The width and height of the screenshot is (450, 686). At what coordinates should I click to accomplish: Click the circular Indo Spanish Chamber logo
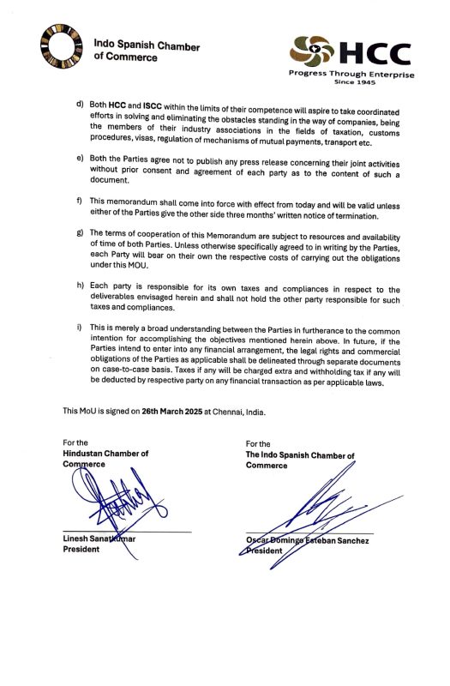pyautogui.click(x=60, y=48)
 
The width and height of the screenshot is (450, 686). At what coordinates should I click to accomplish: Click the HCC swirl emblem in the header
pyautogui.click(x=314, y=51)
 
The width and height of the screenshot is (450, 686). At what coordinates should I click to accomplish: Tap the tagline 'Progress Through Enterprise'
pyautogui.click(x=351, y=75)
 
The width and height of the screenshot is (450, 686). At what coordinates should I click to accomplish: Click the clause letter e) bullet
pyautogui.click(x=80, y=159)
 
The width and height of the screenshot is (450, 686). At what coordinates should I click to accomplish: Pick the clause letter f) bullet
pyautogui.click(x=80, y=199)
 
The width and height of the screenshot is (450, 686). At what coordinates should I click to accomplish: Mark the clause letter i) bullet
pyautogui.click(x=80, y=327)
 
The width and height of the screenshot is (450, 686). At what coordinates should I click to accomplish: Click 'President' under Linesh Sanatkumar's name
pyautogui.click(x=86, y=550)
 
